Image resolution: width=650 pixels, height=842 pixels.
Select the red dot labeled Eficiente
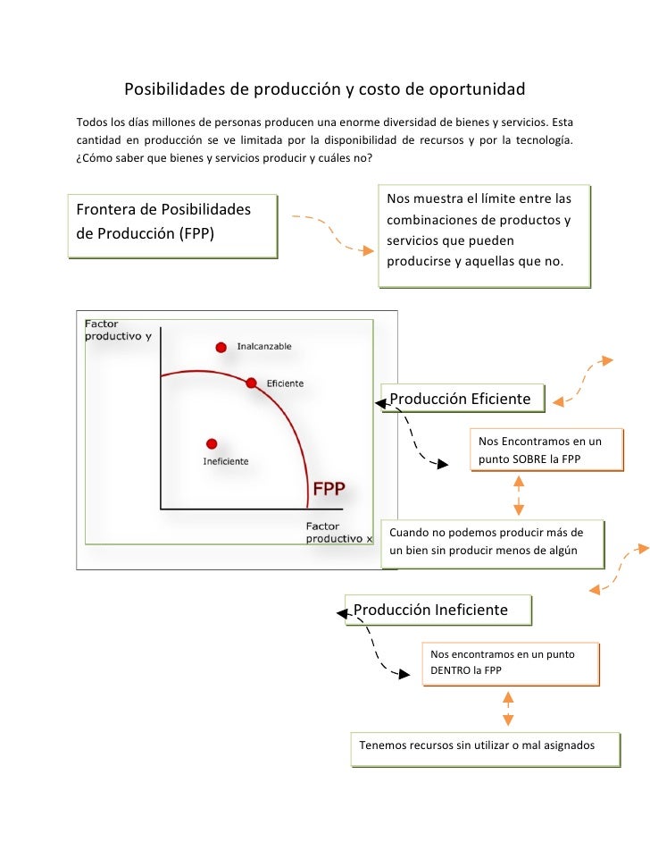coord(252,383)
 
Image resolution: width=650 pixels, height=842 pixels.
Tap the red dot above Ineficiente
coord(212,443)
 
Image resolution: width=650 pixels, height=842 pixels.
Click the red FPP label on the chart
coord(328,489)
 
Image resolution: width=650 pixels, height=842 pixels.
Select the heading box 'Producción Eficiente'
coord(462,399)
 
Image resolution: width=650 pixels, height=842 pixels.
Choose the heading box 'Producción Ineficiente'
coord(437,610)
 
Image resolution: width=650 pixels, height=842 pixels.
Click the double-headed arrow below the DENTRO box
coord(507,707)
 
